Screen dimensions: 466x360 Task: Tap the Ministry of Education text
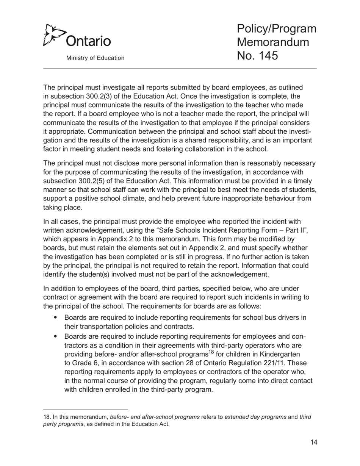click(x=95, y=58)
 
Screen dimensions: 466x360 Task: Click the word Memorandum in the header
click(x=273, y=42)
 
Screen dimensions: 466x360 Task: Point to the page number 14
click(x=313, y=442)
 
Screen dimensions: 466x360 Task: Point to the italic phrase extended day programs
click(x=255, y=417)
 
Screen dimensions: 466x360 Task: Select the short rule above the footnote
click(x=86, y=410)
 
